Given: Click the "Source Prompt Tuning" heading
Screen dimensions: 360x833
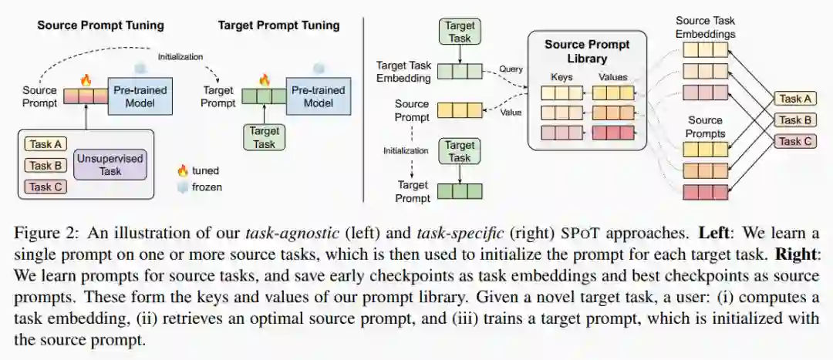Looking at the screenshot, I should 100,25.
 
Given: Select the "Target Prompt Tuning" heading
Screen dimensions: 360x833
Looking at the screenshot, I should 278,25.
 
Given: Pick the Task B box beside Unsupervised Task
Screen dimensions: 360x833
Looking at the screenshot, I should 46,165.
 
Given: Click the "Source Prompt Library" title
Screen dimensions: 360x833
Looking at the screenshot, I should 586,51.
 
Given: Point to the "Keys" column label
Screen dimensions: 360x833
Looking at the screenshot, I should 562,77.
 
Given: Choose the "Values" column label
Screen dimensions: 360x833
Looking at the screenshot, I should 612,77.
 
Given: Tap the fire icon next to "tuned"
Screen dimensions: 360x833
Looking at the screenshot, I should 182,170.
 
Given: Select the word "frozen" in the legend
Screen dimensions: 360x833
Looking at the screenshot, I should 208,187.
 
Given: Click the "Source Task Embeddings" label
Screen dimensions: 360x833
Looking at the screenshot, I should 705,27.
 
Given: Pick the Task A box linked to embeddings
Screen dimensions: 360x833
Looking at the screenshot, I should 796,99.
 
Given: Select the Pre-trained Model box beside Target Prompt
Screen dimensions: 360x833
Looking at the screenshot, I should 318,96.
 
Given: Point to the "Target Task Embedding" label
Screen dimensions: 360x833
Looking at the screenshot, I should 402,72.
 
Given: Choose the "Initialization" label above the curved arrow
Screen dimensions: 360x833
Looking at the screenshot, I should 180,56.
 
